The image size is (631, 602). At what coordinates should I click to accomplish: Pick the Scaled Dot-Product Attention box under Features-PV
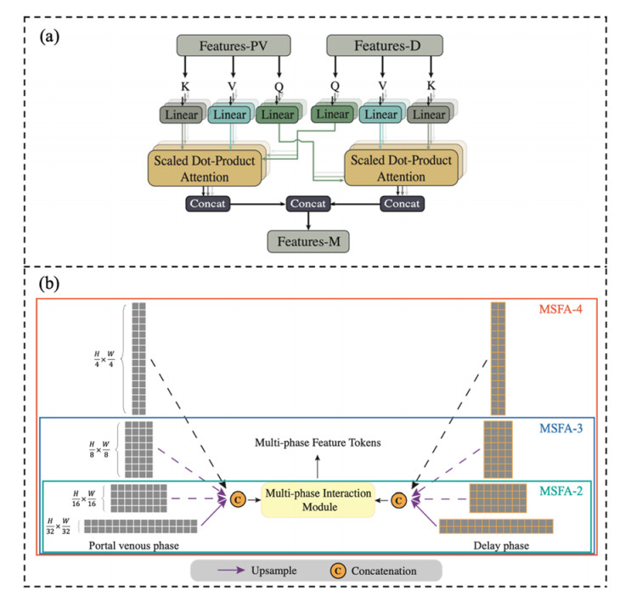coord(204,166)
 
